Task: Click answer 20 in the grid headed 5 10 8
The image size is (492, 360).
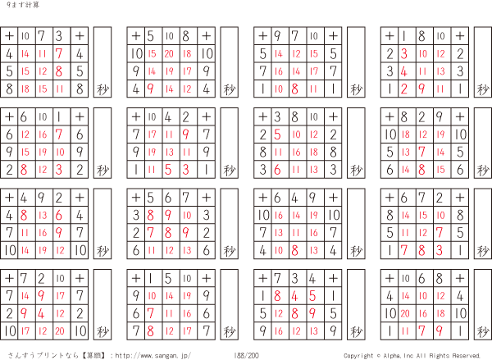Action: [170, 53]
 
